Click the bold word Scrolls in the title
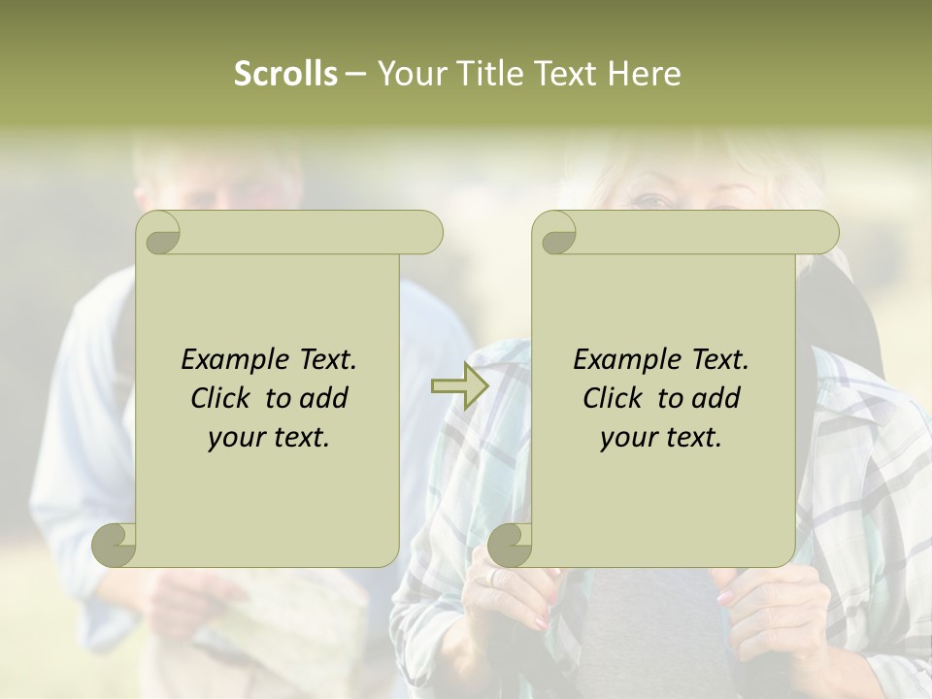[x=285, y=74]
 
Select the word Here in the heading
[x=644, y=74]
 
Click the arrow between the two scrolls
[x=460, y=387]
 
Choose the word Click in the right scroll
[x=614, y=398]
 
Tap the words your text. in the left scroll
[x=269, y=438]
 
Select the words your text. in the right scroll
[x=661, y=438]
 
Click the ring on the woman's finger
[x=493, y=577]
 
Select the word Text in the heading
[x=565, y=74]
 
